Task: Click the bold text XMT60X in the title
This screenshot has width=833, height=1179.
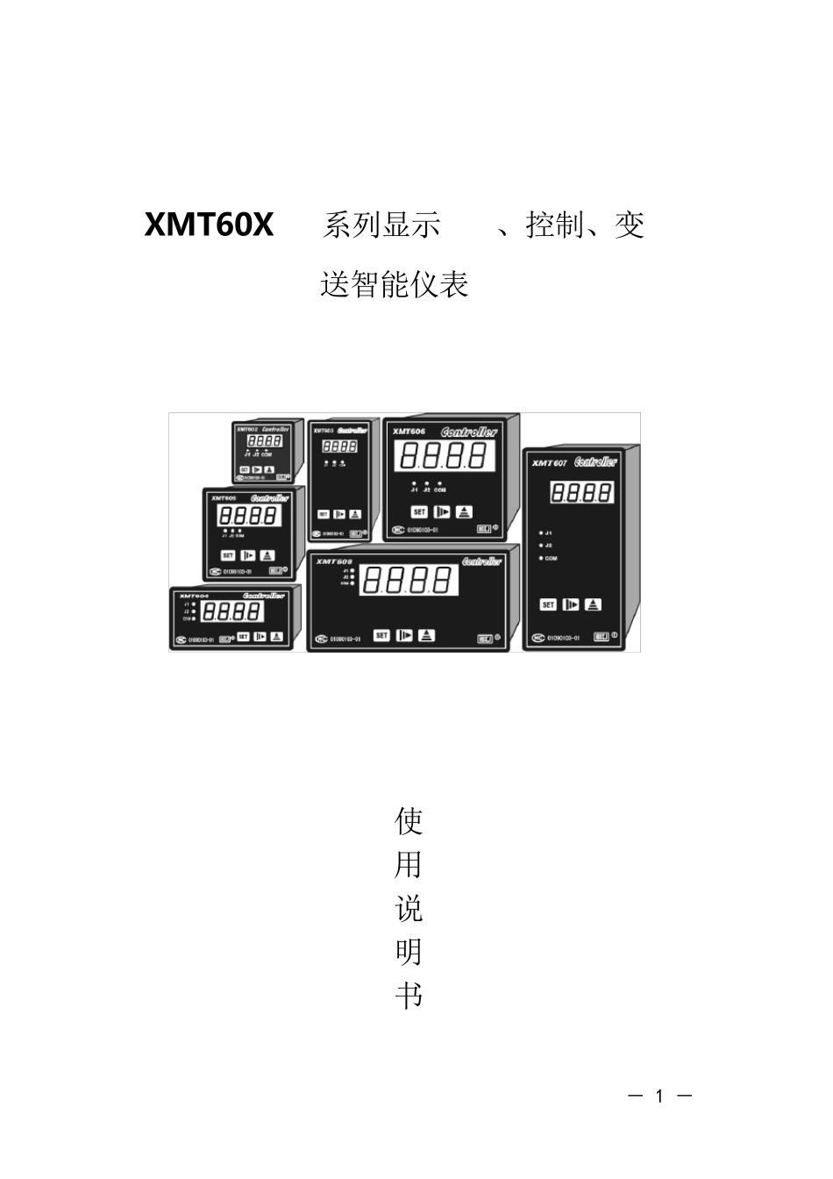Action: coord(209,225)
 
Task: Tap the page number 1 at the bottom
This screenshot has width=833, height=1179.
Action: coord(660,1096)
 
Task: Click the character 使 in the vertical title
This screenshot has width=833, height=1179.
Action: coord(409,822)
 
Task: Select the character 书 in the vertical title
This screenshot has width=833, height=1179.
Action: coord(409,996)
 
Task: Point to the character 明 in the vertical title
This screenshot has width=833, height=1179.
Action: coord(409,952)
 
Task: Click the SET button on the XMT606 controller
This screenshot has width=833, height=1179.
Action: coord(419,512)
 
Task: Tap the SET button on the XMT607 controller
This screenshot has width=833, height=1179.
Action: coord(548,605)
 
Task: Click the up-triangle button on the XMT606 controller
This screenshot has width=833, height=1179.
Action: coord(464,512)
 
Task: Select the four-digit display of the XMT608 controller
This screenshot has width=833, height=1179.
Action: coord(409,581)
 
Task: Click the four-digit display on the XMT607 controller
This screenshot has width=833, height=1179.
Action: coord(582,493)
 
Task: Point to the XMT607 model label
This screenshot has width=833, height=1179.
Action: coord(550,463)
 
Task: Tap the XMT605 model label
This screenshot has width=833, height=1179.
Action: coord(224,497)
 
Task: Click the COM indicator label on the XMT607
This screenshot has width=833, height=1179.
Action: coord(551,558)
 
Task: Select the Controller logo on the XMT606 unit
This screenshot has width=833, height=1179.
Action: coord(469,432)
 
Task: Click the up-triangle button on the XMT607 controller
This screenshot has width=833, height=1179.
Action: coord(594,605)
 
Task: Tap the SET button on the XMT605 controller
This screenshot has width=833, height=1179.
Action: coord(227,555)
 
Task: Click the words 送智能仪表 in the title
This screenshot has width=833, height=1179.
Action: coord(395,284)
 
